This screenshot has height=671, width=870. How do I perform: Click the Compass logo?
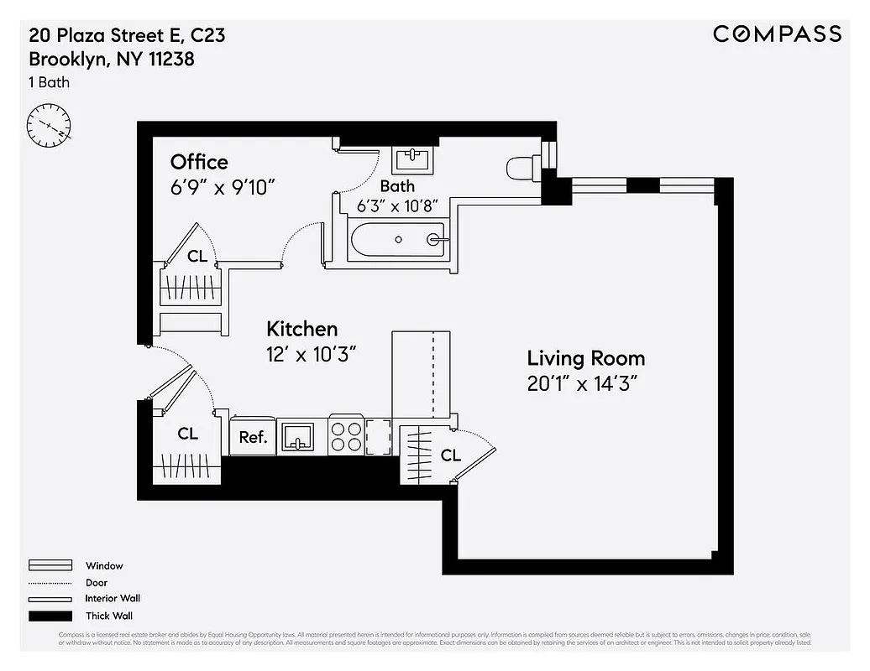click(x=777, y=34)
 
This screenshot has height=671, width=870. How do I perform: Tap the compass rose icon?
click(x=49, y=126)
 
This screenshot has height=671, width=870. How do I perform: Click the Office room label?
click(x=199, y=162)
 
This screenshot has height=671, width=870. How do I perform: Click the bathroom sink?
click(x=412, y=158)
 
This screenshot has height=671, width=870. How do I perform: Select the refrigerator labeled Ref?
click(x=253, y=436)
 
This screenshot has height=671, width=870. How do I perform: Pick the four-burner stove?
click(x=345, y=435)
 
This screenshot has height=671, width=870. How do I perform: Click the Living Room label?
click(x=586, y=358)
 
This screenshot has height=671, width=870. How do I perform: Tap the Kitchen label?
click(x=301, y=328)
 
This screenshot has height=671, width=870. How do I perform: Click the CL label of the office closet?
click(x=197, y=257)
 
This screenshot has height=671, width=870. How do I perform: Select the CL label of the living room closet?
click(x=451, y=455)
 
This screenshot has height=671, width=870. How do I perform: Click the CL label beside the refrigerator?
click(x=188, y=434)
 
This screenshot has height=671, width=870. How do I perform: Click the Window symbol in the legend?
click(x=51, y=566)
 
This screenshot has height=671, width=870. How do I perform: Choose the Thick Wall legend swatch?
click(x=51, y=616)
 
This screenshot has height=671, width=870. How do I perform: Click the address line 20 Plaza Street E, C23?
click(x=127, y=36)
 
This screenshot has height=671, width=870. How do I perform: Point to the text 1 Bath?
click(x=50, y=82)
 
